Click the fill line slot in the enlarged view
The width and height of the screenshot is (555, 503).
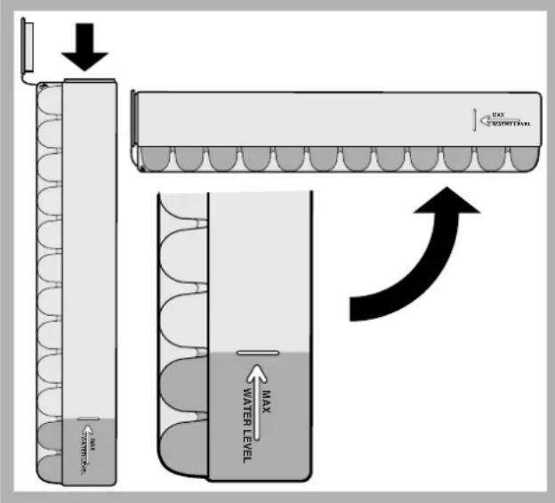click(259, 353)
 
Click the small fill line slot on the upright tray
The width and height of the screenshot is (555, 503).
click(88, 418)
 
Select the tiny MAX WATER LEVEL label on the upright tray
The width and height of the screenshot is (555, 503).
click(89, 445)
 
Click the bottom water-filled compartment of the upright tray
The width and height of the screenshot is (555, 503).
click(48, 464)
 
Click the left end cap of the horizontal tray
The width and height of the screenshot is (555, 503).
click(134, 126)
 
